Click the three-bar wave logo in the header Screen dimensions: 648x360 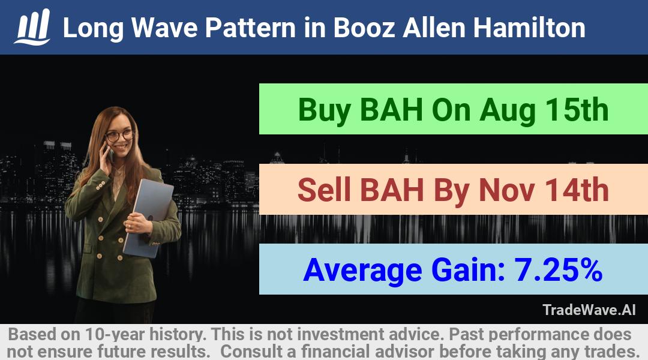pos(32,27)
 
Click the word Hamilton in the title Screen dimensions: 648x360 pos(529,28)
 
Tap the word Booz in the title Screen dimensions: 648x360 pos(364,28)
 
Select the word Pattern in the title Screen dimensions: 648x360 pos(250,28)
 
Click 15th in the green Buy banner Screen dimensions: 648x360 pos(577,110)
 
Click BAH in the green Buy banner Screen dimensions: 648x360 pos(392,110)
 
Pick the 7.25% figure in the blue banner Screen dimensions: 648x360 pos(558,270)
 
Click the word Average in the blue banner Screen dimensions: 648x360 pos(362,271)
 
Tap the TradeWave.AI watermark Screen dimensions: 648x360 pos(589,310)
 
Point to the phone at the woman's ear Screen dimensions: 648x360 pos(109,153)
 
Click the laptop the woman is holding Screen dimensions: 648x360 pos(148,217)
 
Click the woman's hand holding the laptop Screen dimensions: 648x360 pos(137,224)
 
